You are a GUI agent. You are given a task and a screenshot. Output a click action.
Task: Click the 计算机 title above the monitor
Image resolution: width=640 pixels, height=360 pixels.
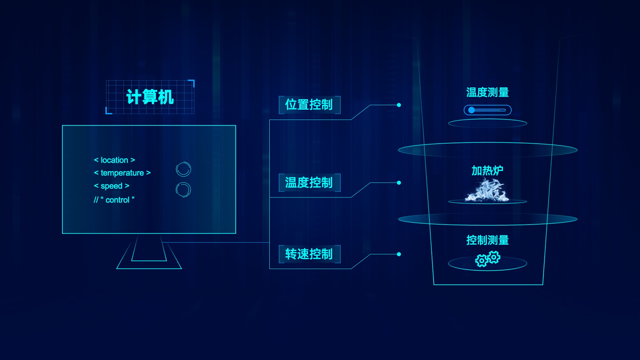(150, 97)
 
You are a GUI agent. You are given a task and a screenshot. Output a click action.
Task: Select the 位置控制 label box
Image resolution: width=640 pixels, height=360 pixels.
(309, 105)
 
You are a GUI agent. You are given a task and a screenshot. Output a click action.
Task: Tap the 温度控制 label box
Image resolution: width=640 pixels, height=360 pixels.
(309, 182)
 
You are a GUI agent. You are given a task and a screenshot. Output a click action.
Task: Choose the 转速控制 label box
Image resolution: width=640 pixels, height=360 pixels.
(309, 254)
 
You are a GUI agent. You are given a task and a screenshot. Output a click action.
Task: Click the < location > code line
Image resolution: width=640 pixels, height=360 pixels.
(114, 160)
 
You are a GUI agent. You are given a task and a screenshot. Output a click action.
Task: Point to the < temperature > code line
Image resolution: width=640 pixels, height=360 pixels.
(122, 173)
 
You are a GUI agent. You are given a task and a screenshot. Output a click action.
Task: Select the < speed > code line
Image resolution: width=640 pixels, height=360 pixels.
(111, 186)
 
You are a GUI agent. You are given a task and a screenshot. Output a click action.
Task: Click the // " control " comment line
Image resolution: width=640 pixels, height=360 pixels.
(114, 200)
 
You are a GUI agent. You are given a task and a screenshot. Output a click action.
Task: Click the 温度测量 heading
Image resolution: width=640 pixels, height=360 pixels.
(488, 92)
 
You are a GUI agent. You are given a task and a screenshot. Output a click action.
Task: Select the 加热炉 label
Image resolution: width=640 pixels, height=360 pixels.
(487, 170)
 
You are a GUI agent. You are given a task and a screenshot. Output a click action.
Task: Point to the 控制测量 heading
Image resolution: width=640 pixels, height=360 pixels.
(488, 240)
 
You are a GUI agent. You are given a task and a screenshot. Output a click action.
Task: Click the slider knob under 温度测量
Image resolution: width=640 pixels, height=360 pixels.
(471, 110)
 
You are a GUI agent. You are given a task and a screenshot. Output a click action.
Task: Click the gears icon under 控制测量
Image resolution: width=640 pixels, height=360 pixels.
(488, 259)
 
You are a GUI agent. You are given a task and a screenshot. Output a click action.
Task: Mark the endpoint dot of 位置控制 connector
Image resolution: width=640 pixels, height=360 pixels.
(399, 105)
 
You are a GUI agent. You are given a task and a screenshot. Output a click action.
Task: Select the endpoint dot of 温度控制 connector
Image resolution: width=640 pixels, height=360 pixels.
(399, 183)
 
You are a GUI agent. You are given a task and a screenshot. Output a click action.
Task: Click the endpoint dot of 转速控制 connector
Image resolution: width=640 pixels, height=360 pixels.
(399, 254)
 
